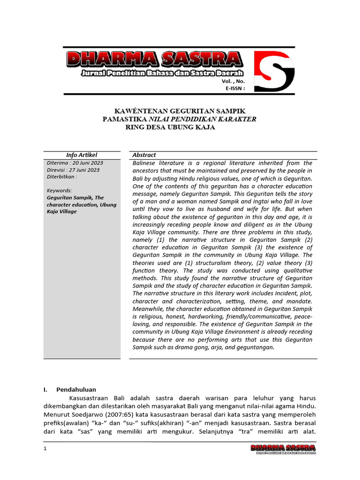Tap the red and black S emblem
(x=274, y=71)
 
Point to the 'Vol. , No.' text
(x=233, y=81)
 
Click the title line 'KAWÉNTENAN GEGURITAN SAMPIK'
(x=180, y=111)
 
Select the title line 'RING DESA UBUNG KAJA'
(x=171, y=127)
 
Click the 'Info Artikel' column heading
(x=82, y=155)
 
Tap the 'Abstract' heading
(x=144, y=155)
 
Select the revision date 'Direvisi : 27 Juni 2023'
(x=73, y=170)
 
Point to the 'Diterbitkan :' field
(x=62, y=177)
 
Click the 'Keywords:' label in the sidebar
(x=60, y=190)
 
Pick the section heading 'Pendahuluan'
(x=76, y=390)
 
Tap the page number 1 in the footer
(x=45, y=449)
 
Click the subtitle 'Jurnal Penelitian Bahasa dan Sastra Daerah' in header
(x=162, y=74)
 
